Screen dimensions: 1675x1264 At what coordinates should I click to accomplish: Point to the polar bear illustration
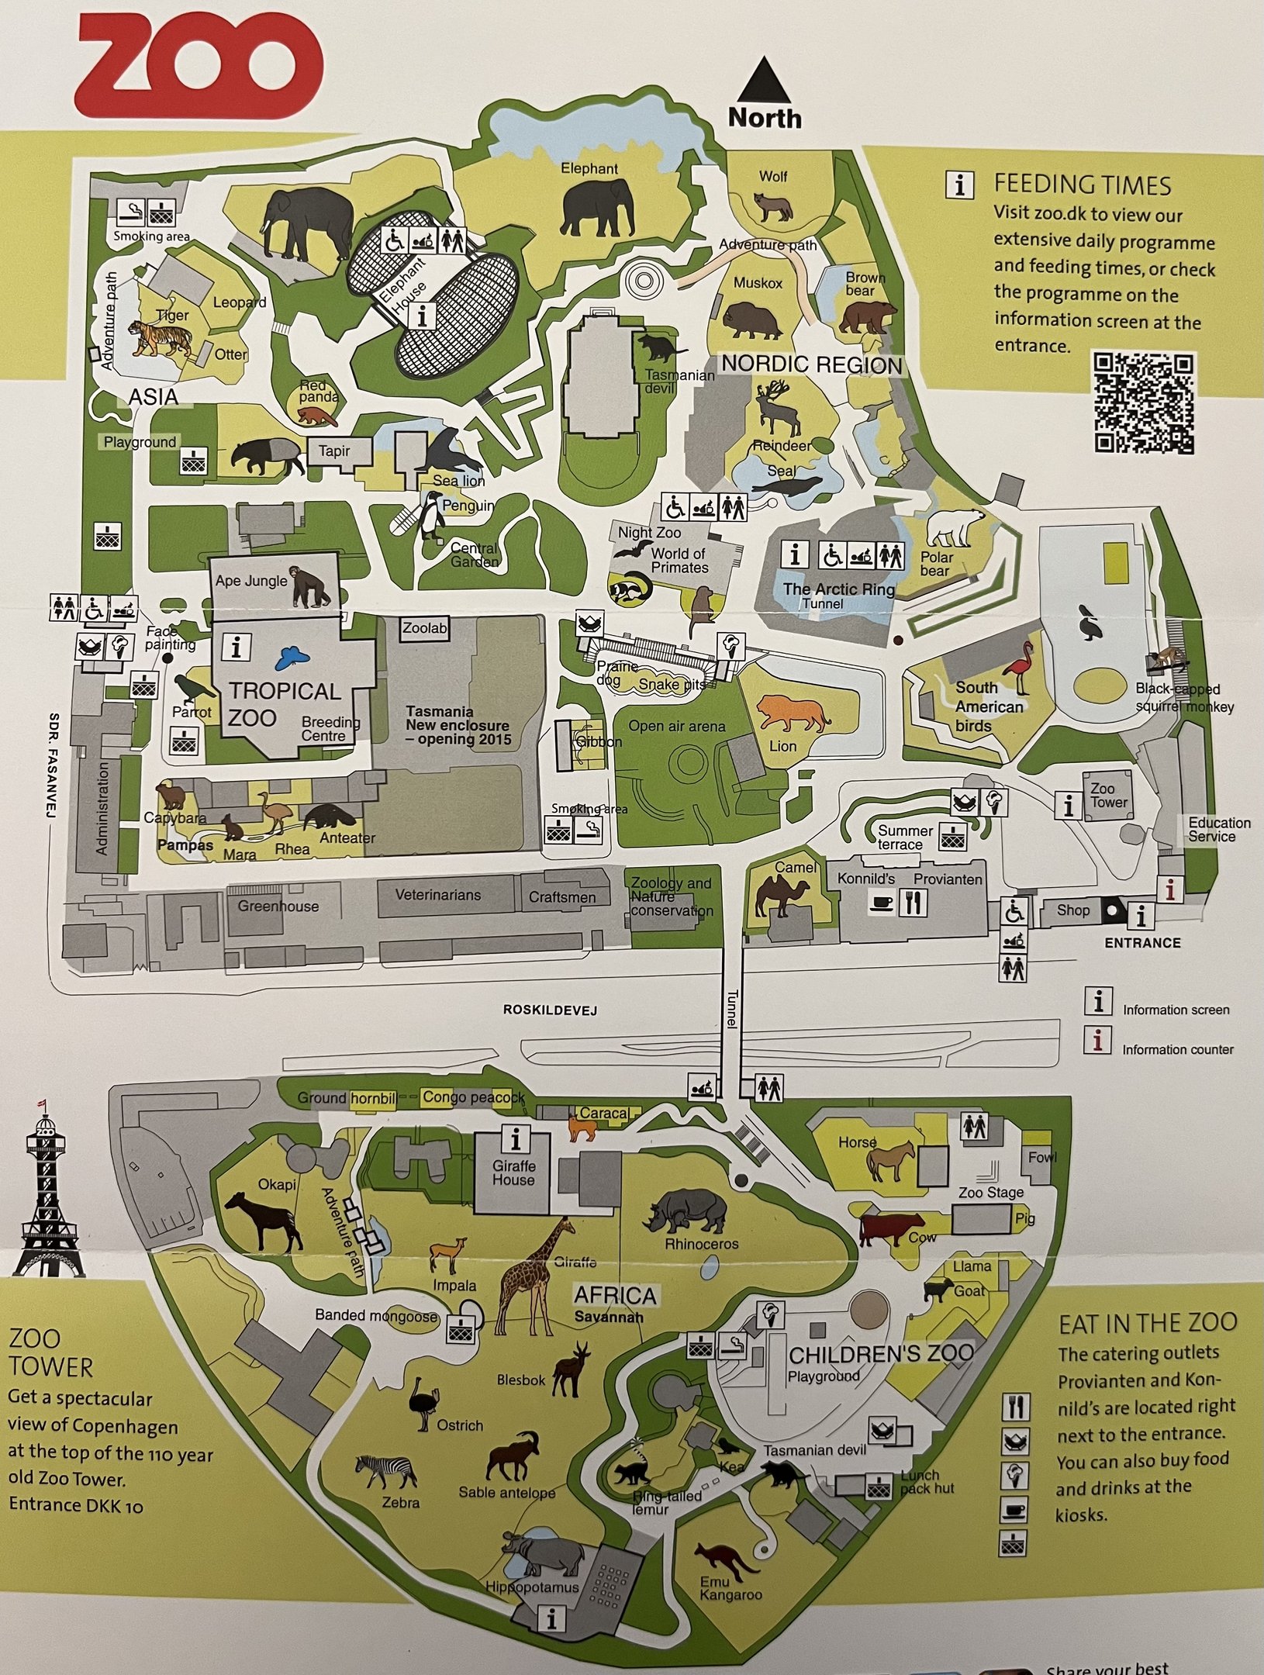[956, 527]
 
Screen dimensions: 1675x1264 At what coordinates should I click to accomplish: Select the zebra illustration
[387, 1471]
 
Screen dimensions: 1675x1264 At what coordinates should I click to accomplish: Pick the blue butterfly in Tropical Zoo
[292, 659]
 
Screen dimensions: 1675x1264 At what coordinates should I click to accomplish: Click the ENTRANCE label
[1142, 943]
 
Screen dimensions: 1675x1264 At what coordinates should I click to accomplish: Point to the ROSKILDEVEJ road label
[540, 1010]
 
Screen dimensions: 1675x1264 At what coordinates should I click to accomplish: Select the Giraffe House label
[513, 1172]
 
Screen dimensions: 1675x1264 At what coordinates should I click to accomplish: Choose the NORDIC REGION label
[811, 364]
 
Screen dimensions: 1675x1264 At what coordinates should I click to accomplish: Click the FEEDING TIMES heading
[1082, 185]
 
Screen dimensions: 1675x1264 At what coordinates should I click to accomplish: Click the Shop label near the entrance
[1072, 910]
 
